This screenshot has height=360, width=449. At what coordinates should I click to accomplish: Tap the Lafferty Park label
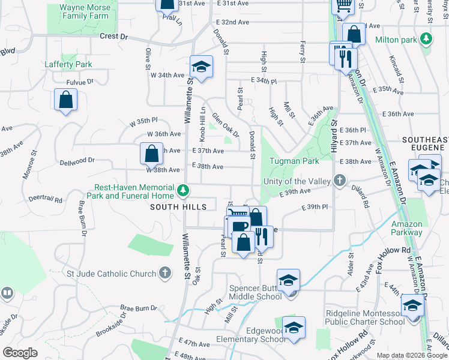(x=68, y=64)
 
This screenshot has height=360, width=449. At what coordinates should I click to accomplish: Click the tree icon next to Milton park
(x=426, y=40)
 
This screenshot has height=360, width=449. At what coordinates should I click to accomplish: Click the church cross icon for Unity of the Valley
(x=339, y=181)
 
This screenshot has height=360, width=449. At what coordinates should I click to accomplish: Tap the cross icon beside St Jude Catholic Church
(x=166, y=274)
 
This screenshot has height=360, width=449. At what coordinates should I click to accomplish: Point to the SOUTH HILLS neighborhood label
(x=179, y=207)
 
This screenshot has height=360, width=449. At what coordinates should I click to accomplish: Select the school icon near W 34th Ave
(x=202, y=67)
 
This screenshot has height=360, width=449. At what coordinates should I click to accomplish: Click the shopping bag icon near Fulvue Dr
(x=65, y=101)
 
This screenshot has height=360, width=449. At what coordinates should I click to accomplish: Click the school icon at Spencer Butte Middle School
(x=288, y=280)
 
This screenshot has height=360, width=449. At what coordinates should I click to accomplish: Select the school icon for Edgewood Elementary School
(x=294, y=328)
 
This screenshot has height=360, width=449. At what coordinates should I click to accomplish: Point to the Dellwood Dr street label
(x=77, y=161)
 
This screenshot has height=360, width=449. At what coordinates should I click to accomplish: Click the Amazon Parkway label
(x=406, y=228)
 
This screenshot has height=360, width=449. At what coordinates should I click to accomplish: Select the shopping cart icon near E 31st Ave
(x=344, y=5)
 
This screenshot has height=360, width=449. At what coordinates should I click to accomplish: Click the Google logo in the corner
(x=20, y=353)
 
